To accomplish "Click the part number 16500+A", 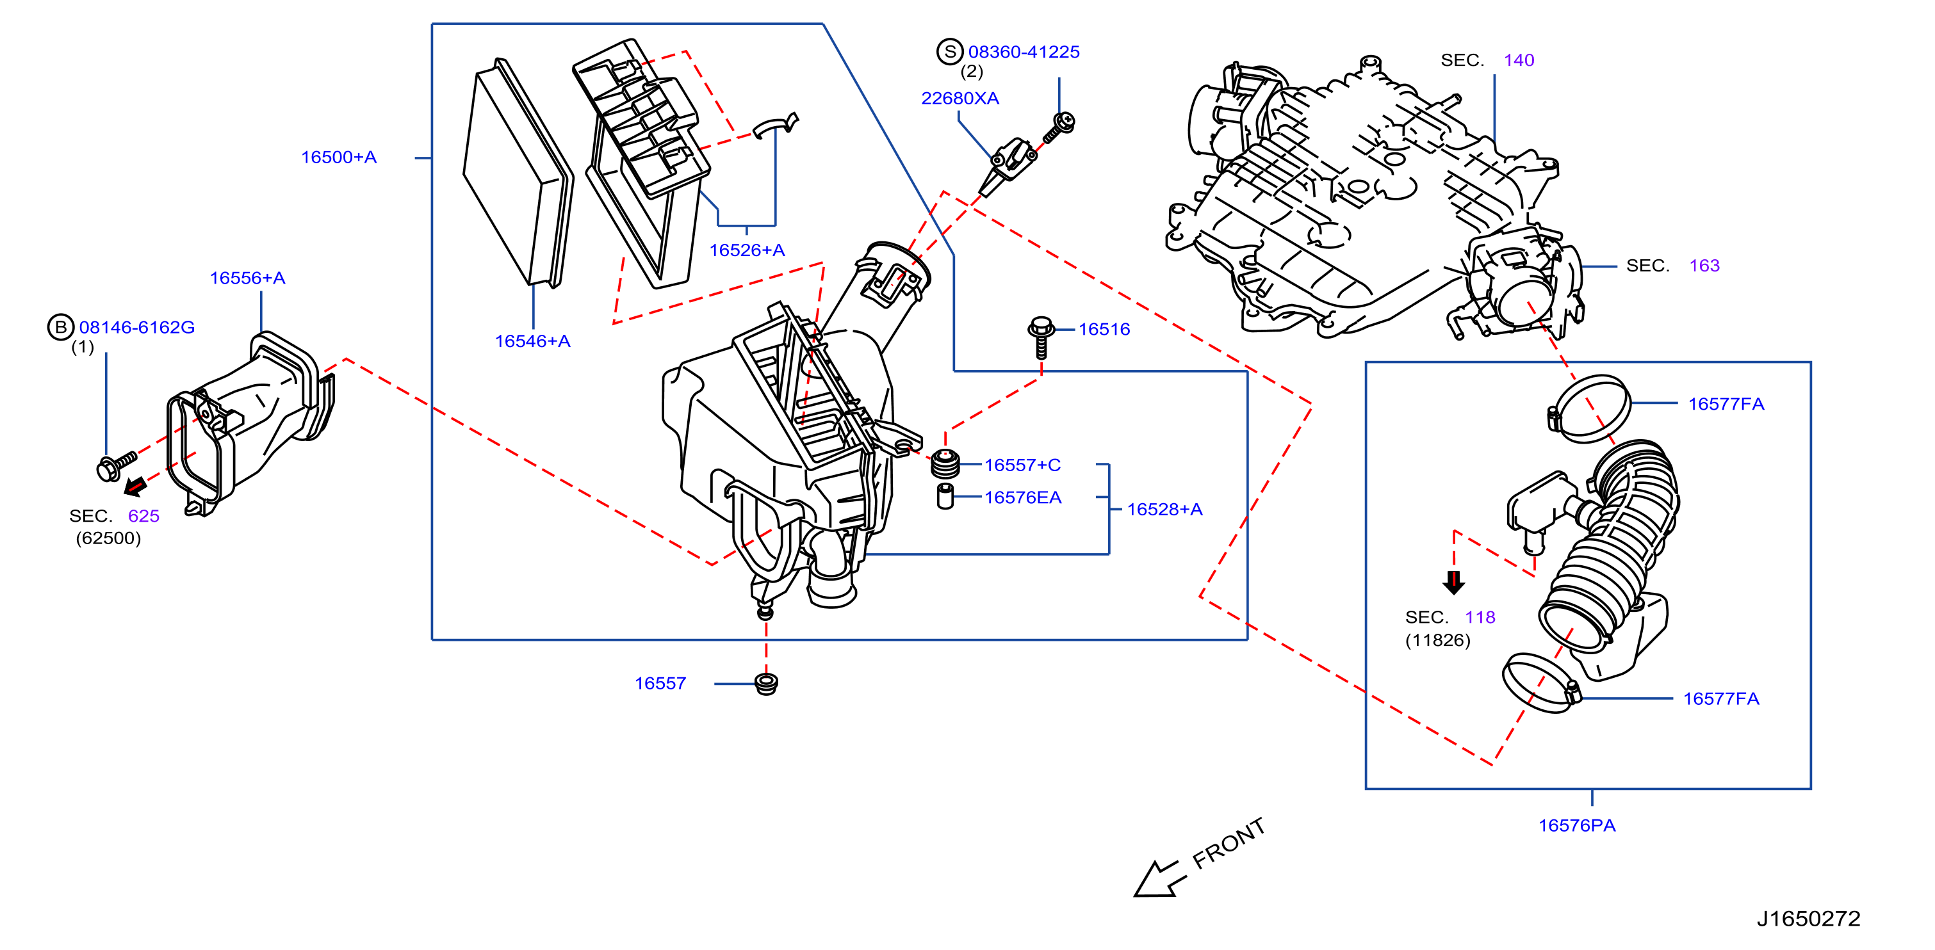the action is pos(339,157).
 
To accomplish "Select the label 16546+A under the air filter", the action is pos(532,342).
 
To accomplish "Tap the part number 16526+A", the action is pos(747,251).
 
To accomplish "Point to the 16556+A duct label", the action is pos(247,278).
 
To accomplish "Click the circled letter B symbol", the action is pos(60,327).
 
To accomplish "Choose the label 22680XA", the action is pos(960,99).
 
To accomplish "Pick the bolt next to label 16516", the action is pos(1041,338).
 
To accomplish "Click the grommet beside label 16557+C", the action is pos(945,463).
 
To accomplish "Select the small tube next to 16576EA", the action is pos(945,496).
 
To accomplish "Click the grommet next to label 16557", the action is pos(766,684).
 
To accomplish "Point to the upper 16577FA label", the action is pos(1726,404).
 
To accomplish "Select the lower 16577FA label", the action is pos(1721,699).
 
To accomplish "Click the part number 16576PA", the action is pos(1577,826).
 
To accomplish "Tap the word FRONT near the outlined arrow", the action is pos(1229,843).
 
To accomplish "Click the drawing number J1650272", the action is pos(1808,919).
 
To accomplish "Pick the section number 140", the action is pos(1519,61).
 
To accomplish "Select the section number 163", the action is pos(1704,266).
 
